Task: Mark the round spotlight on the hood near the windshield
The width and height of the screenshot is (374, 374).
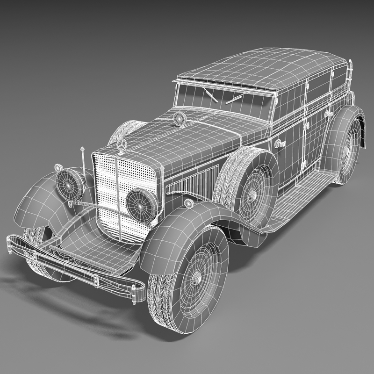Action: [179, 119]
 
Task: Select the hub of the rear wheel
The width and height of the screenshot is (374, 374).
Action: [346, 151]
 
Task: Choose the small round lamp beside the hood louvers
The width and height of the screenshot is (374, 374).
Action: [189, 203]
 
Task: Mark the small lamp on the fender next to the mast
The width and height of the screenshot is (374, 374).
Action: [58, 167]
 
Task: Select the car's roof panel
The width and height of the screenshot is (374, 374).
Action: [262, 70]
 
